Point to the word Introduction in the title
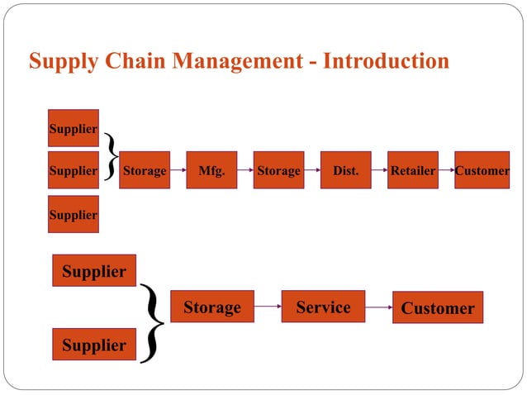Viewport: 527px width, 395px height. click(387, 62)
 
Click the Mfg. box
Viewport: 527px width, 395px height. click(211, 170)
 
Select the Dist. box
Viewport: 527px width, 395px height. click(345, 170)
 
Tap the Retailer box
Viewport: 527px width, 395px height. click(412, 170)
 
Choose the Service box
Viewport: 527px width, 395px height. click(323, 307)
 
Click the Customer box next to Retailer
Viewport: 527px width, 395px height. click(482, 170)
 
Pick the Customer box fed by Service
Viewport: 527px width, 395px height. click(437, 308)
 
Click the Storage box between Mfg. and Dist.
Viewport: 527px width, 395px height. click(278, 170)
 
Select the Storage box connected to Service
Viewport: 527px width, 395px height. click(211, 307)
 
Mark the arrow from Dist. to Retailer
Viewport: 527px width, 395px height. click(379, 170)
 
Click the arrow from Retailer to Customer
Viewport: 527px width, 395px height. click(446, 170)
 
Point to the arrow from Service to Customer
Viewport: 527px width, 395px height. click(378, 307)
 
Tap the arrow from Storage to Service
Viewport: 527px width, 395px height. click(268, 307)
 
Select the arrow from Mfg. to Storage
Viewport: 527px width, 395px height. click(245, 170)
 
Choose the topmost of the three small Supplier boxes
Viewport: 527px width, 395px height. click(74, 128)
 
